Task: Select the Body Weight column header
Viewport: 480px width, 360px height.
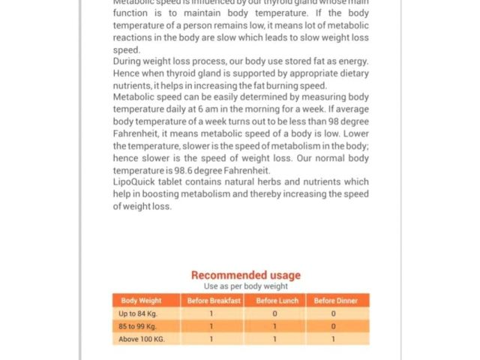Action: point(141,301)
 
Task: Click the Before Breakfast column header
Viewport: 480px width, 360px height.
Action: point(213,301)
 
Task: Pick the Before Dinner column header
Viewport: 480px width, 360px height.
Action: point(335,301)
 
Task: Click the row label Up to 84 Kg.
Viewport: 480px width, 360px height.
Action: point(132,313)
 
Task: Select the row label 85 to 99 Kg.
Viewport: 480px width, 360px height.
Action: point(137,326)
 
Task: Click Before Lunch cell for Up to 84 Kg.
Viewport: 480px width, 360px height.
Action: point(275,313)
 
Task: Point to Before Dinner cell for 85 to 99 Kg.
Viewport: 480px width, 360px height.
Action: point(334,326)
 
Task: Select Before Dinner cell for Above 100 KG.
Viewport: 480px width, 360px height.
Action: point(334,339)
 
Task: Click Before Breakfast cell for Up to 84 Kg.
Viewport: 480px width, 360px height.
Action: point(211,313)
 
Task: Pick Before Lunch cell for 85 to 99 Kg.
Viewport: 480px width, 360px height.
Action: point(275,326)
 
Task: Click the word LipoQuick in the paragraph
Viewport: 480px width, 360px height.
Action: point(133,182)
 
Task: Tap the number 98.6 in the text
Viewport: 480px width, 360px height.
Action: point(177,170)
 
